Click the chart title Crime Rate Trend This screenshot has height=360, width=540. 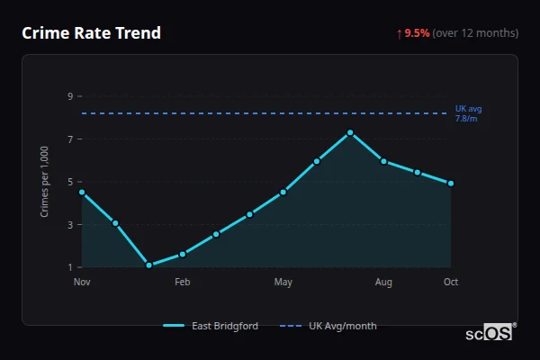[91, 33]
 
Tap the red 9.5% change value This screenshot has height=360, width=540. [417, 33]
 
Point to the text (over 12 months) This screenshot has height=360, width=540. [475, 33]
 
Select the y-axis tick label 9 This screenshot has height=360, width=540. [69, 96]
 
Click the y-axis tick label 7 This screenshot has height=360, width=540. [69, 139]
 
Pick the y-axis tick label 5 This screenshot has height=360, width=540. [69, 182]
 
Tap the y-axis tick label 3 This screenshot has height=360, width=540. [69, 225]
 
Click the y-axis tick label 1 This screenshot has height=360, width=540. [69, 267]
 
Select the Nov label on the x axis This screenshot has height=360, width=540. [82, 283]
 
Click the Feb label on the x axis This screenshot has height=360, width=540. [182, 283]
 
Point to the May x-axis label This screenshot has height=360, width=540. [283, 283]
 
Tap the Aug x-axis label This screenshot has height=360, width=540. [383, 283]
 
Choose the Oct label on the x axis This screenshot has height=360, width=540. [451, 283]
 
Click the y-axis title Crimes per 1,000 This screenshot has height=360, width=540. [45, 182]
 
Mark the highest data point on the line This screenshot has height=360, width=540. [350, 133]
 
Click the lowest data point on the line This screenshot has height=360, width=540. [148, 265]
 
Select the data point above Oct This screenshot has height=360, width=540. [451, 184]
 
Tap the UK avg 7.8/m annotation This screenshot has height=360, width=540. [468, 113]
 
